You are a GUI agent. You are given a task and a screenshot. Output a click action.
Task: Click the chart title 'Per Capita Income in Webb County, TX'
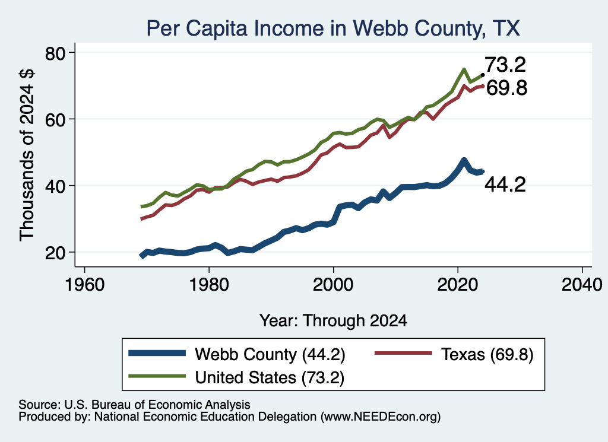pos(333,28)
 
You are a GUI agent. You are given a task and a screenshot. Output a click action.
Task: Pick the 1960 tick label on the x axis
pos(85,285)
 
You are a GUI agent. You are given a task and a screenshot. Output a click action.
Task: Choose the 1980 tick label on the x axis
pos(209,285)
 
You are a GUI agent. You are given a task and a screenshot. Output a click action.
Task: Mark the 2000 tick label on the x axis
pos(333,285)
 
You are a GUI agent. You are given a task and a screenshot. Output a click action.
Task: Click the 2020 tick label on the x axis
pos(458,285)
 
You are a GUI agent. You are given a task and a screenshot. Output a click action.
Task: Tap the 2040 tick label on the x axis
pos(582,285)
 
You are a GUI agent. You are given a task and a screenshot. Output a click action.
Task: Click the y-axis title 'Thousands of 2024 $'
pos(27,155)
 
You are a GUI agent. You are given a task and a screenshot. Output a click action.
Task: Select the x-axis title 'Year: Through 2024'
pos(333,321)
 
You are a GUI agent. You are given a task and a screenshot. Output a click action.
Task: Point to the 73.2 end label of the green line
pos(505,65)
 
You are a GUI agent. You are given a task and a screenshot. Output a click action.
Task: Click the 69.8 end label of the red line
pos(506,88)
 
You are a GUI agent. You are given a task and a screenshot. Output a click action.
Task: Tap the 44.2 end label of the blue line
pos(505,185)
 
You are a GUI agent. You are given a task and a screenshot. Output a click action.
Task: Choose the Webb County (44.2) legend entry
pos(236,354)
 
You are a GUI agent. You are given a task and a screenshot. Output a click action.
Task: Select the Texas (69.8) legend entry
pos(454,354)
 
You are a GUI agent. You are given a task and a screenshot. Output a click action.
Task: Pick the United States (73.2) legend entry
pos(236,377)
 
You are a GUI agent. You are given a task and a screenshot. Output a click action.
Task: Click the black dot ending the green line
pos(483,75)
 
